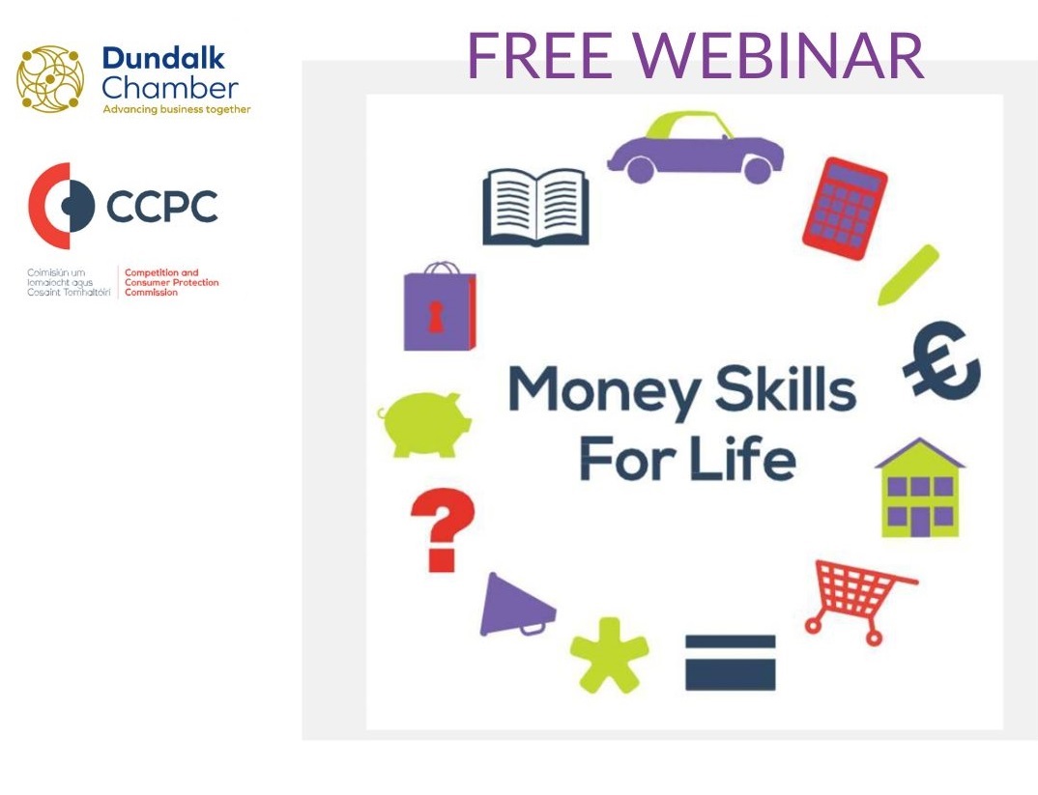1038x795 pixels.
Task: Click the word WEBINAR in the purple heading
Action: [778, 55]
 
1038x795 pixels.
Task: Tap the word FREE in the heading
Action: [539, 55]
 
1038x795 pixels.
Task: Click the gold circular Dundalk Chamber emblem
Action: [50, 78]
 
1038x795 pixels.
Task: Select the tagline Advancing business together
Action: [177, 109]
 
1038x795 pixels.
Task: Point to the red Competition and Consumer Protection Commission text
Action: [171, 282]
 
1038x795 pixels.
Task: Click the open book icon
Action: [535, 207]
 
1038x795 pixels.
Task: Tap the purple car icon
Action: [695, 148]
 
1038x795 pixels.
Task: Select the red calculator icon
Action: [845, 209]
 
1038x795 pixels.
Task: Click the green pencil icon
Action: [908, 275]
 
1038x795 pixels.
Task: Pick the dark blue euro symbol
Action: [940, 361]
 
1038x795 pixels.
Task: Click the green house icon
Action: [920, 488]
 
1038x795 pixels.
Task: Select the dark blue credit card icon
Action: [730, 663]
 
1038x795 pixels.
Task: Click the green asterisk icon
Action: [609, 656]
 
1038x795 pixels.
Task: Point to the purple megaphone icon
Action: [516, 605]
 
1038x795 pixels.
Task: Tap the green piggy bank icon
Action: [424, 425]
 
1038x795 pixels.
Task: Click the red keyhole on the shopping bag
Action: [436, 317]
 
